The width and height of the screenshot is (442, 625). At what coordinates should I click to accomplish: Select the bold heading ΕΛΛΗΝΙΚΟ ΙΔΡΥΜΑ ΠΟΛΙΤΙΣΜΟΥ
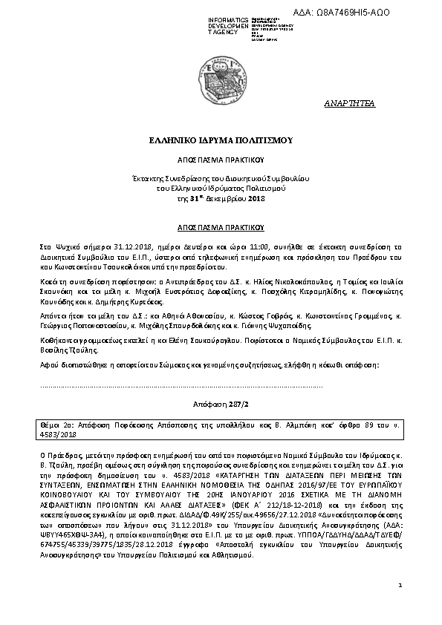pos(221,140)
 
